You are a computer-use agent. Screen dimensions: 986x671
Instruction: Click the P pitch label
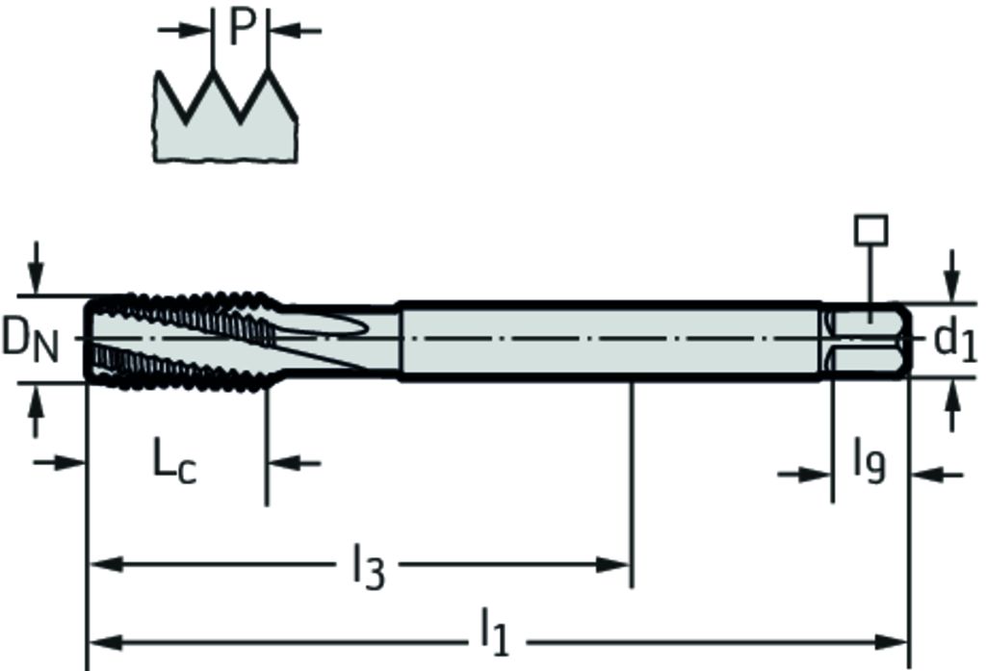click(x=242, y=27)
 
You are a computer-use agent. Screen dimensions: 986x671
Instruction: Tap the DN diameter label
click(x=30, y=340)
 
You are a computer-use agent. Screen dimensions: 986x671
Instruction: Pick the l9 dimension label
click(x=869, y=461)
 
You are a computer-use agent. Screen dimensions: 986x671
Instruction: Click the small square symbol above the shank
click(x=870, y=230)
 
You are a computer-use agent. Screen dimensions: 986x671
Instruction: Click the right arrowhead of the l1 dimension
click(x=892, y=643)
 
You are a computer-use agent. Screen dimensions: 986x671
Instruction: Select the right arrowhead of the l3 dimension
click(x=612, y=564)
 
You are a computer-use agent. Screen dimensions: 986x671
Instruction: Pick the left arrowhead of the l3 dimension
click(x=106, y=564)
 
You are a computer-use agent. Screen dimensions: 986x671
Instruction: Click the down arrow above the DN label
click(x=37, y=268)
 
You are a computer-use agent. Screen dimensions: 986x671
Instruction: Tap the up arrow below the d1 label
click(x=953, y=406)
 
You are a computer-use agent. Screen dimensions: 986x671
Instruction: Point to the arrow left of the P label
click(x=184, y=30)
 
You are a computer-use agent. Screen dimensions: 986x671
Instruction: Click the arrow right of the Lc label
click(x=295, y=463)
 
